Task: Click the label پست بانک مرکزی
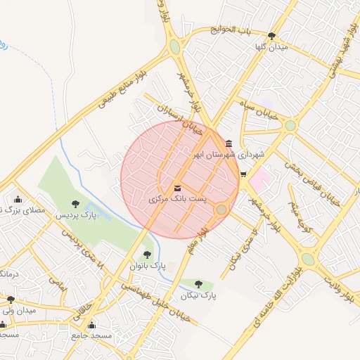[178, 200]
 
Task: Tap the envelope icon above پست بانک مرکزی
[177, 188]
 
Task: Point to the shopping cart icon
[243, 174]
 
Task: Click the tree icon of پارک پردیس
[76, 204]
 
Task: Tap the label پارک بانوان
[147, 266]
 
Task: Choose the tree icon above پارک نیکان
[198, 284]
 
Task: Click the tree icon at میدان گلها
[271, 36]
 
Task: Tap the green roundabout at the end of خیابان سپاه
[290, 125]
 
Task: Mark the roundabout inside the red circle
[221, 210]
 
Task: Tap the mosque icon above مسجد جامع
[91, 326]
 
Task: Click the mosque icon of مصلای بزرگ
[18, 199]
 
